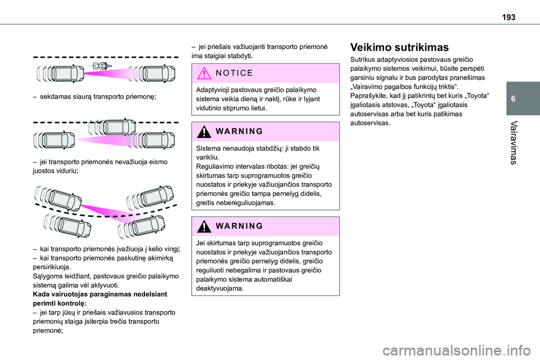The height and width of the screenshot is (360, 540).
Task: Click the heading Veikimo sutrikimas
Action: click(x=399, y=47)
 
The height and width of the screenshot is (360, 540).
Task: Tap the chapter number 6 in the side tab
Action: click(x=526, y=98)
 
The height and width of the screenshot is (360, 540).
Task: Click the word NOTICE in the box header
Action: click(x=235, y=73)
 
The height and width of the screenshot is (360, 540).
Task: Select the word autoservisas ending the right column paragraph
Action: click(x=369, y=123)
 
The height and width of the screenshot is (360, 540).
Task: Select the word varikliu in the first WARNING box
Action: click(x=209, y=157)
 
